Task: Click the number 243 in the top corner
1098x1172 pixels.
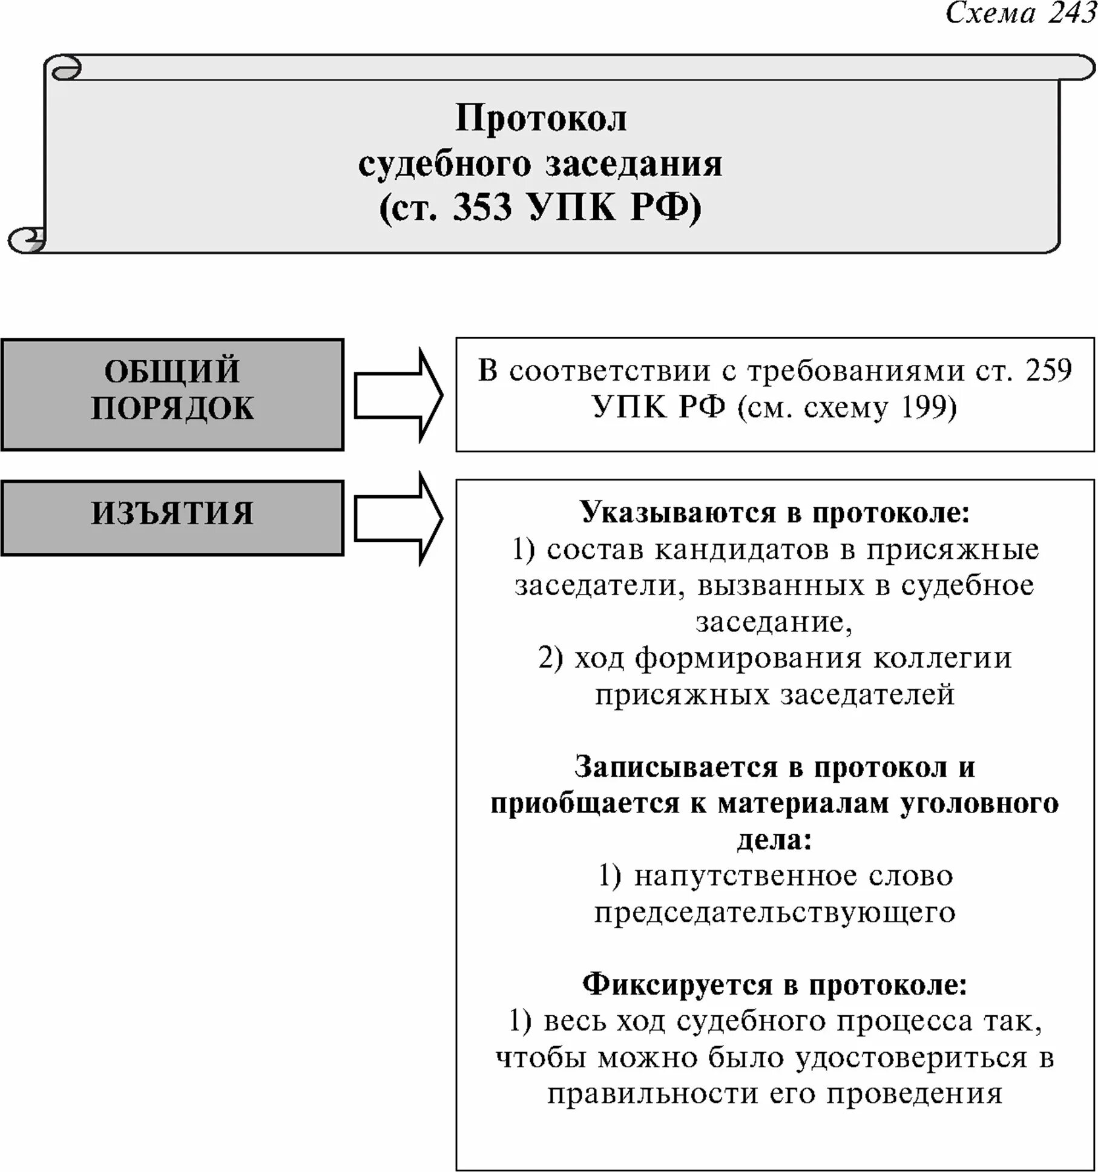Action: click(x=1072, y=13)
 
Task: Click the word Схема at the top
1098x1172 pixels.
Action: click(x=990, y=13)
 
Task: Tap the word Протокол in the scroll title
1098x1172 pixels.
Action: click(x=541, y=118)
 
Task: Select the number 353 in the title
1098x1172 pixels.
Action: click(x=482, y=207)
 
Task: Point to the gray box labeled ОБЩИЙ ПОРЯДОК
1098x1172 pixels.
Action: click(x=173, y=395)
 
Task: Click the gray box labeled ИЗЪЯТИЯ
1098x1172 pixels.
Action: click(x=173, y=518)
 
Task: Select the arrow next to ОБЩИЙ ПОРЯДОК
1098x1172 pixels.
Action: click(x=398, y=395)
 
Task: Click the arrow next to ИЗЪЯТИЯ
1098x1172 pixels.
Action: click(x=398, y=518)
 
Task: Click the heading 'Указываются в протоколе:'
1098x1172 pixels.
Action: click(x=775, y=513)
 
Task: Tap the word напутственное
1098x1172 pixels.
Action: click(x=745, y=876)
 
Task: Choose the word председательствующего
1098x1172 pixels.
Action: click(x=775, y=912)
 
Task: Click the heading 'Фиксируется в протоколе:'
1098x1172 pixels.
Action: click(x=775, y=985)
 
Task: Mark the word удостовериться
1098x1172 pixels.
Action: click(x=911, y=1058)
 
